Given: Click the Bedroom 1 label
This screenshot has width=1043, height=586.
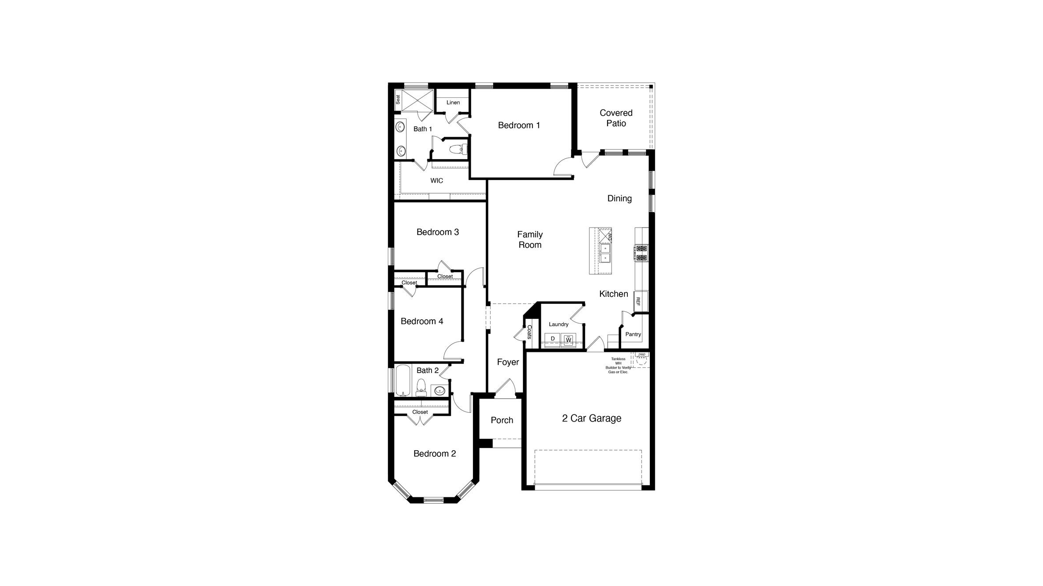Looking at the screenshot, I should tap(519, 125).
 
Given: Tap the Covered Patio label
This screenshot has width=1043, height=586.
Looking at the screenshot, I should tap(616, 118).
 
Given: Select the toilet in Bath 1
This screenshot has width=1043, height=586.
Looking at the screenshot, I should tap(458, 149).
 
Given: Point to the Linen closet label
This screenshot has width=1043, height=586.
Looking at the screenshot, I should tap(453, 103).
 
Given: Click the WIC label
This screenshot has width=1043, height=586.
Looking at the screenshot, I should tap(437, 181).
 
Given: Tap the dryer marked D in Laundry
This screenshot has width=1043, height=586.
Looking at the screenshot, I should tap(552, 339).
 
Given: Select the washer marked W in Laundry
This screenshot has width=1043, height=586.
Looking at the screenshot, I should tap(568, 340).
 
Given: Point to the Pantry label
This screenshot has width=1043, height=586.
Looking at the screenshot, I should tap(633, 334).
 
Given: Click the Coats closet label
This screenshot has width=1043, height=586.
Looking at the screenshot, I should tap(529, 332).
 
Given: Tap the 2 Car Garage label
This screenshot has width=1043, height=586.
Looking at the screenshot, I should tap(592, 418).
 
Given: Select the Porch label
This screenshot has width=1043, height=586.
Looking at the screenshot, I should tap(502, 420).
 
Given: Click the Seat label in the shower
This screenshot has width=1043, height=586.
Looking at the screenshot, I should tap(398, 100).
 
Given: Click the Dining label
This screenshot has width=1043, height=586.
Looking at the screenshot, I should tap(619, 198).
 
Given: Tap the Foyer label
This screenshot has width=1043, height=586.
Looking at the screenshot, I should tap(508, 362).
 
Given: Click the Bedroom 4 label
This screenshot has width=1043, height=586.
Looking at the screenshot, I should tap(422, 321).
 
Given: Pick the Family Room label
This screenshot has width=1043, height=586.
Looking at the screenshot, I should tap(530, 240).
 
